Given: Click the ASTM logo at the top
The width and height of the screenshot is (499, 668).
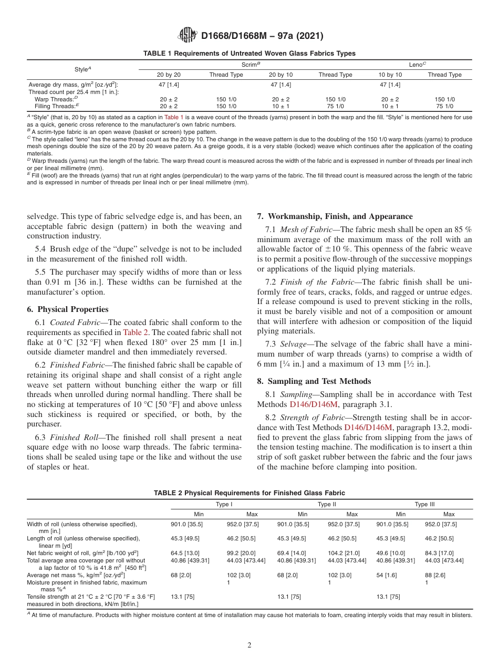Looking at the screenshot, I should click(x=188, y=36).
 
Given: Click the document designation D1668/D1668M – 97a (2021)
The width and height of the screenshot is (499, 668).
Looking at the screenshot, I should click(x=262, y=36).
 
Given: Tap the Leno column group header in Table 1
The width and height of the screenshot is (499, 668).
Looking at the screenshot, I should click(x=417, y=65).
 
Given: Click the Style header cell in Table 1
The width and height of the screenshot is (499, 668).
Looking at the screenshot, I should click(x=82, y=69).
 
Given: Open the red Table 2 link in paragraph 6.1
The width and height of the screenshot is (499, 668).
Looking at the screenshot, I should click(x=132, y=332).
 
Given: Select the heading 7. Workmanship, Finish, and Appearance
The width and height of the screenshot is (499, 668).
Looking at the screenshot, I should click(x=335, y=216).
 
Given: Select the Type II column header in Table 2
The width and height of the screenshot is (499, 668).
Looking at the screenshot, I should click(x=327, y=505).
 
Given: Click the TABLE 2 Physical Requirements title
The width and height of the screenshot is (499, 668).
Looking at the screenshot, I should click(x=249, y=493).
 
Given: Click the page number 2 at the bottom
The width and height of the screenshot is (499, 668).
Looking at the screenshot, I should click(x=250, y=645).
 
